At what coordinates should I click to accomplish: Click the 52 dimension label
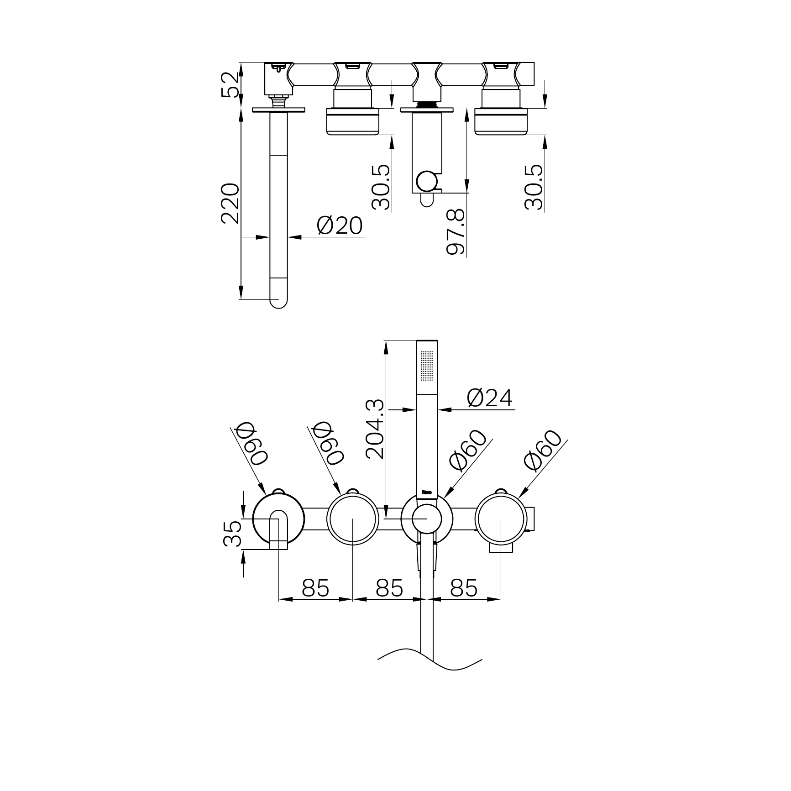pyautogui.click(x=230, y=84)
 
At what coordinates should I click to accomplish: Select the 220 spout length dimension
pyautogui.click(x=230, y=203)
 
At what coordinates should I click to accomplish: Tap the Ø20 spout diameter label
pyautogui.click(x=340, y=225)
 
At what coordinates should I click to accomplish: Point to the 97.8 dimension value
pyautogui.click(x=456, y=232)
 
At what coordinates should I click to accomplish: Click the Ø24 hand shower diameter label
pyautogui.click(x=490, y=398)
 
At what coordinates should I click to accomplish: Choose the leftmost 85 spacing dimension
pyautogui.click(x=315, y=588)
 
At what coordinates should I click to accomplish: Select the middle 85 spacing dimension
pyautogui.click(x=389, y=588)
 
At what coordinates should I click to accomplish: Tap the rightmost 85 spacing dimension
pyautogui.click(x=464, y=588)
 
